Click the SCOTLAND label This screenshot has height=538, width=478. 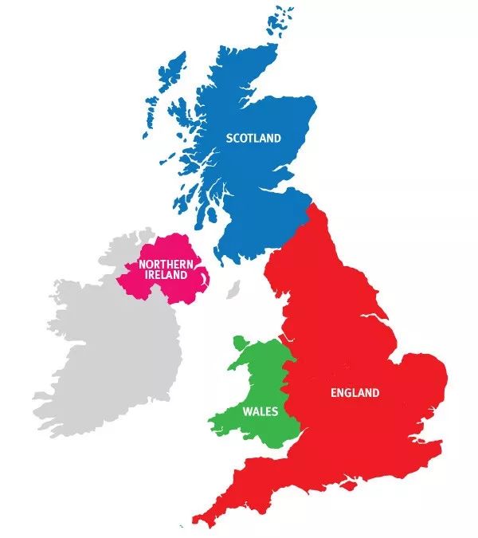253,138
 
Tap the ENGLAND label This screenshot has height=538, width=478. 355,393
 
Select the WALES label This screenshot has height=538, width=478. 260,412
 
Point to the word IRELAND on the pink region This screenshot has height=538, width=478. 166,275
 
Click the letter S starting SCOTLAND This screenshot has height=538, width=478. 229,138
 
